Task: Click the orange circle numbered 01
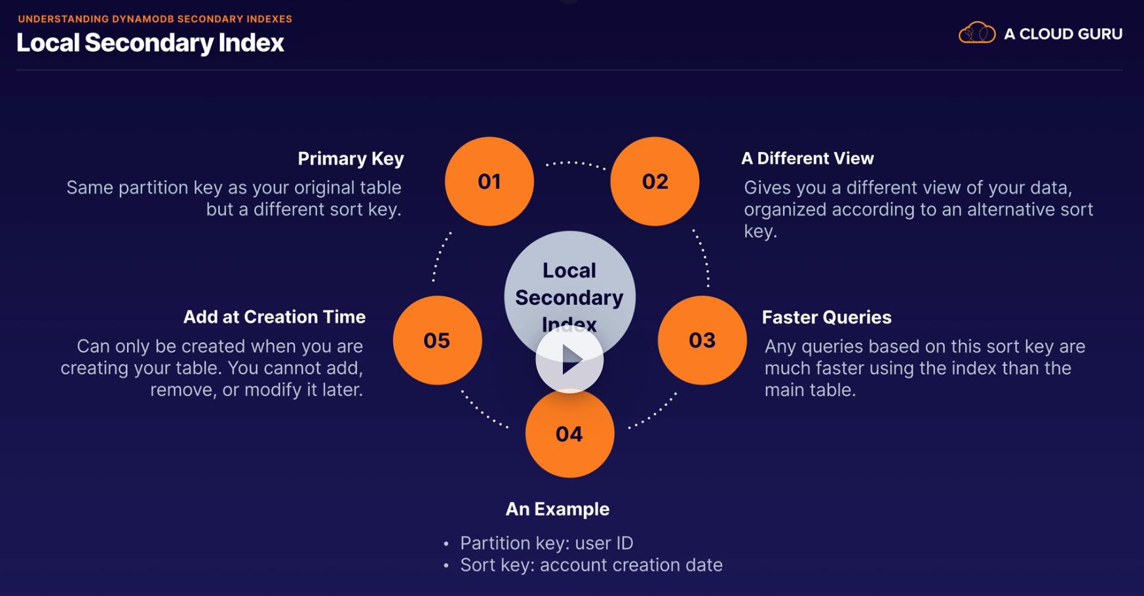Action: click(489, 182)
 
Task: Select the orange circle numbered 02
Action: click(655, 182)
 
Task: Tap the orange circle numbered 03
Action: click(702, 340)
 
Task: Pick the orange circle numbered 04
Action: click(569, 434)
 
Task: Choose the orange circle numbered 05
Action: click(437, 340)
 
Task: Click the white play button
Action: click(569, 359)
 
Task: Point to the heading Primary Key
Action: click(351, 159)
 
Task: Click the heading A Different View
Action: click(807, 159)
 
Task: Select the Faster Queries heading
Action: click(826, 317)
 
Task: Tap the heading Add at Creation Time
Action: click(274, 317)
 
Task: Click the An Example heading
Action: click(558, 509)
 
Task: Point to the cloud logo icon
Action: click(976, 33)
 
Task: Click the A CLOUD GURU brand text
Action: click(1063, 34)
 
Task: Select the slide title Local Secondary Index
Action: click(150, 43)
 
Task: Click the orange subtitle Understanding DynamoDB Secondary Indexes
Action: click(155, 19)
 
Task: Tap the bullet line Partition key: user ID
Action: click(546, 543)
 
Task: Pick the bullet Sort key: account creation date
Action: click(591, 565)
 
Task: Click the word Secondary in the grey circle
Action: click(569, 298)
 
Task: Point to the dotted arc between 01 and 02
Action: click(575, 163)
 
